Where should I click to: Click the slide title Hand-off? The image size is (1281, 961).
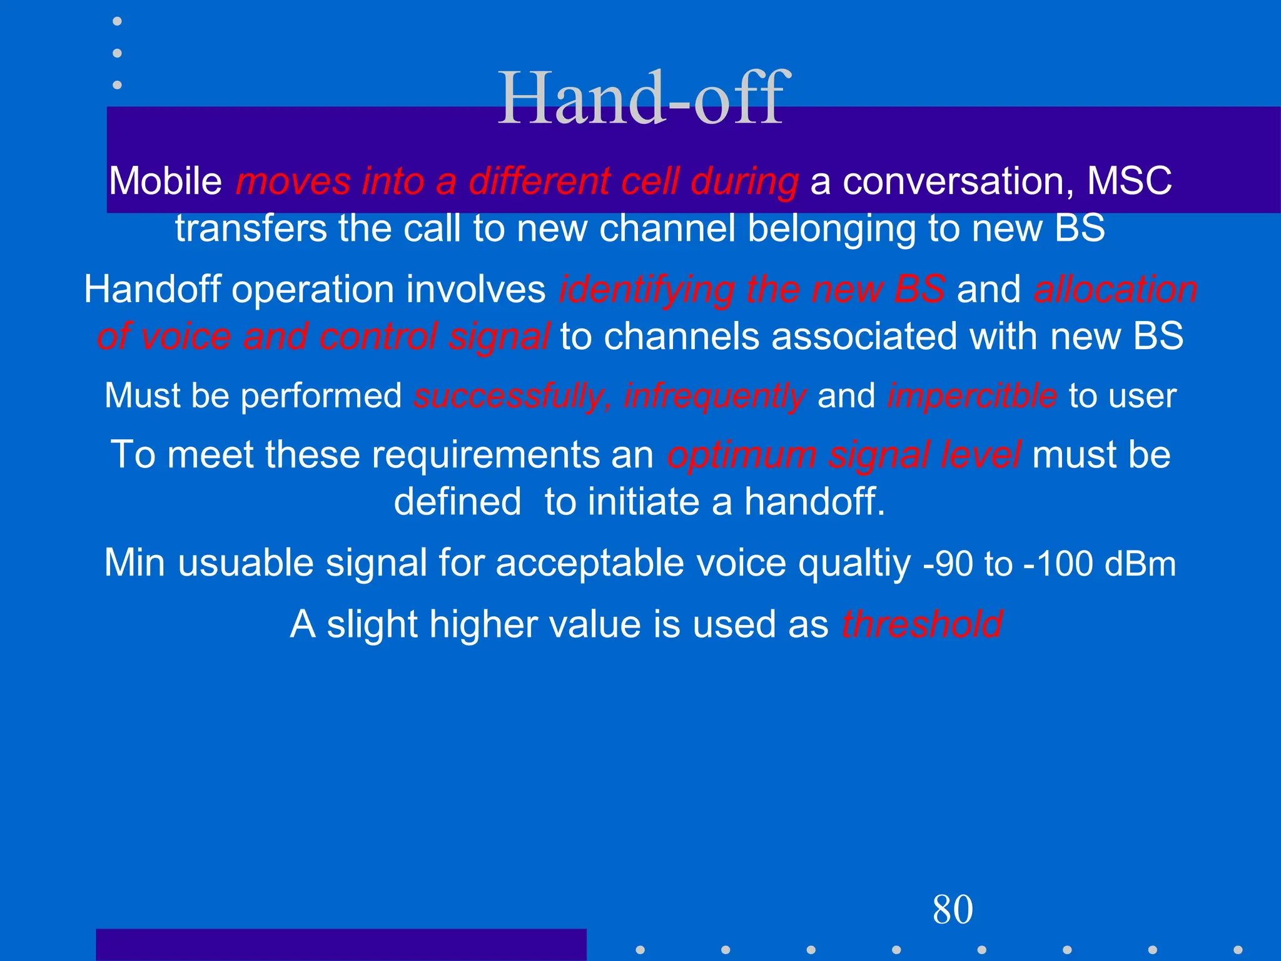point(640,99)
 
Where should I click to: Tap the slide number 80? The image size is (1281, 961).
point(952,909)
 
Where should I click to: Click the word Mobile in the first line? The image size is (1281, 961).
point(166,181)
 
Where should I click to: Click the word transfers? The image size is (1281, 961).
point(250,228)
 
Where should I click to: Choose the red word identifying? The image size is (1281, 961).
point(646,290)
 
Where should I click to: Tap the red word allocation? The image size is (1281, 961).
point(1115,290)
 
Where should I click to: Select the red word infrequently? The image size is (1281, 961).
point(714,396)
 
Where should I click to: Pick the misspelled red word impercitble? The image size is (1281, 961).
point(972,396)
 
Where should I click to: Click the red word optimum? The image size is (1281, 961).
point(741,455)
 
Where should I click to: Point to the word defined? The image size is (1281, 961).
point(457,502)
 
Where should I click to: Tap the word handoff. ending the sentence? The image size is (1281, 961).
point(814,502)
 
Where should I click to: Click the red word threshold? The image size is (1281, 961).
point(922,624)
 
